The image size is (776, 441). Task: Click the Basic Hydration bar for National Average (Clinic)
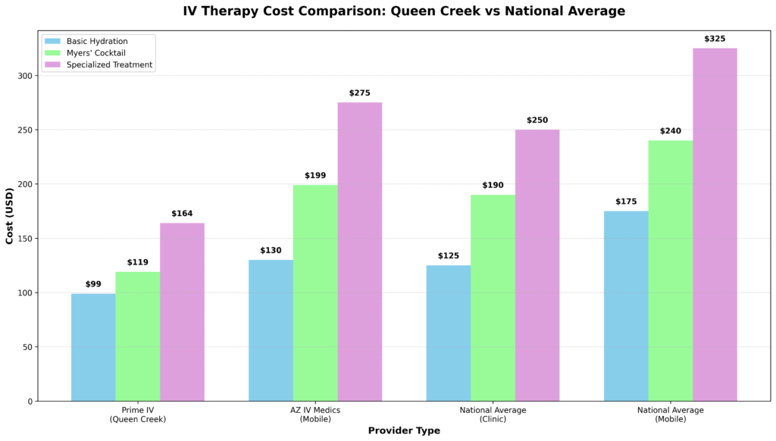pyautogui.click(x=448, y=333)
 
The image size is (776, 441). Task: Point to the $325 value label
pyautogui.click(x=715, y=39)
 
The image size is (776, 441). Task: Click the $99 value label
pyautogui.click(x=93, y=284)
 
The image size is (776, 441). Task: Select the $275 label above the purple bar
pyautogui.click(x=360, y=93)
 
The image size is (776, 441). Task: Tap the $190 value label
pyautogui.click(x=493, y=186)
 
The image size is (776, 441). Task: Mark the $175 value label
pyautogui.click(x=626, y=202)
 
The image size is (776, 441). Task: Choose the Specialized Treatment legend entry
pyautogui.click(x=109, y=65)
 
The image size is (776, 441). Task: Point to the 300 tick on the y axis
pyautogui.click(x=28, y=76)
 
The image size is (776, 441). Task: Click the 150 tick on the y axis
pyautogui.click(x=28, y=239)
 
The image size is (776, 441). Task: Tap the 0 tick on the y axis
pyautogui.click(x=33, y=402)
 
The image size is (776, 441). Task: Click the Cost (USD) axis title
pyautogui.click(x=10, y=216)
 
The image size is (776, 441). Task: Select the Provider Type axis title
pyautogui.click(x=404, y=430)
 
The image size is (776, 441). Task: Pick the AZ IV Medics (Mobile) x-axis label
pyautogui.click(x=315, y=414)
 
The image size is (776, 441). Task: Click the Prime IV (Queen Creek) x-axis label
pyautogui.click(x=138, y=414)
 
